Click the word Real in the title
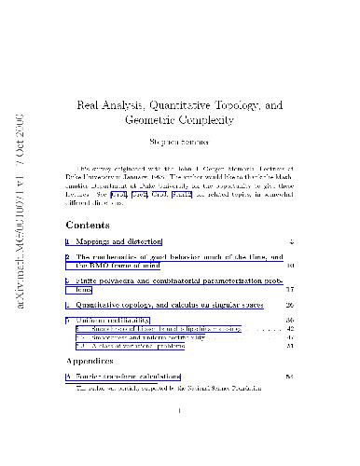(x=89, y=106)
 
